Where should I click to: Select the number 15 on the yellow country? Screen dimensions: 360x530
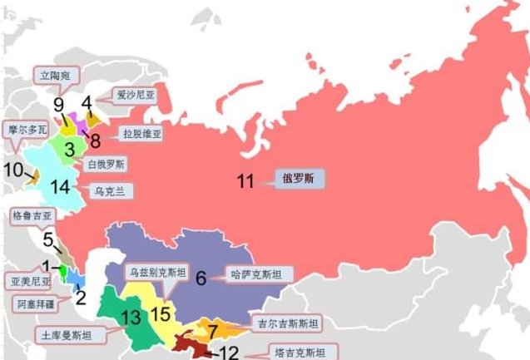point(161,313)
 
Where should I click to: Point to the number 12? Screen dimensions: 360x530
point(227,353)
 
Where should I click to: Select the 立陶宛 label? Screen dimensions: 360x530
point(57,75)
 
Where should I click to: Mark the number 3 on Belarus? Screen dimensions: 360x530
point(70,150)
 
